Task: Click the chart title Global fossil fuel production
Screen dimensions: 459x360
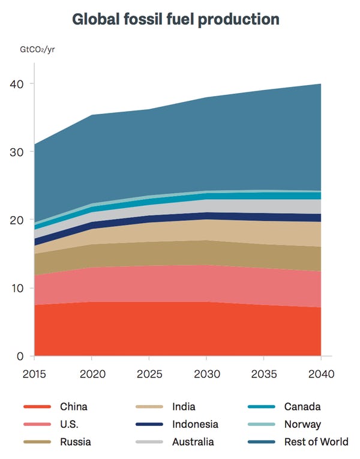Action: coord(176,19)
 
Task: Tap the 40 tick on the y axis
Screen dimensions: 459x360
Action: coord(17,84)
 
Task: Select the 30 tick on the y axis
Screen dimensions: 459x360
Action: coord(17,152)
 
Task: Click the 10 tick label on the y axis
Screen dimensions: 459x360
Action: coord(17,288)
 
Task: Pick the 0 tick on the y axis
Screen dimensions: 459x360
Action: coord(20,356)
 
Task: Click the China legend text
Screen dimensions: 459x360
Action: coord(73,407)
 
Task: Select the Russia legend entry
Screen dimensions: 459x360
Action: coord(75,442)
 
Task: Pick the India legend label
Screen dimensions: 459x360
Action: coord(183,407)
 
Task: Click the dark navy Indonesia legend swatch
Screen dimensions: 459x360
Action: coord(149,425)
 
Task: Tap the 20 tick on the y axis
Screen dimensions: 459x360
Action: coord(17,220)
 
